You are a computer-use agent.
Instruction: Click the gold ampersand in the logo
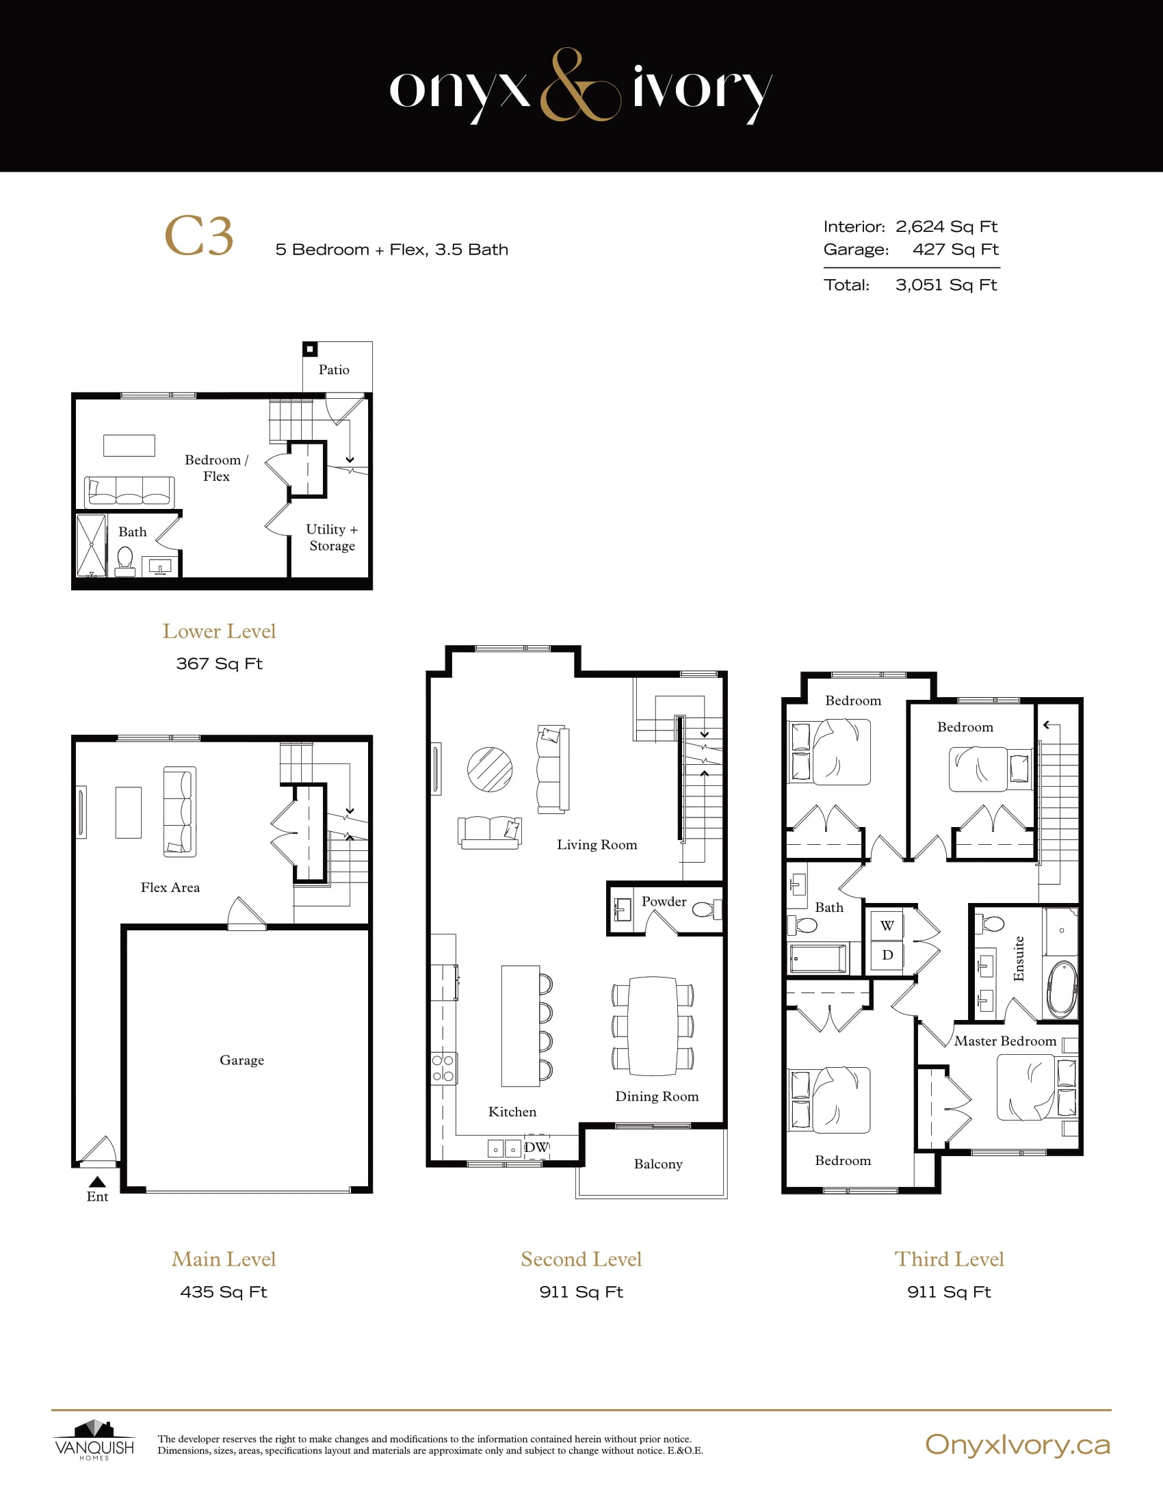579,86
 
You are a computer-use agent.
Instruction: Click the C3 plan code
199,236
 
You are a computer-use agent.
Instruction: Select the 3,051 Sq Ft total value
946,285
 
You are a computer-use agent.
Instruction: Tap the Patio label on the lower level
333,370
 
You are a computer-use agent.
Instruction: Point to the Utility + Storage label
332,538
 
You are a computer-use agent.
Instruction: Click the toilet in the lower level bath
125,558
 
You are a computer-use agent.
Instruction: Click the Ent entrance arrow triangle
97,1181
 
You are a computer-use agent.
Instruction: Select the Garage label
241,1060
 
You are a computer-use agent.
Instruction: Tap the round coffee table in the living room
490,770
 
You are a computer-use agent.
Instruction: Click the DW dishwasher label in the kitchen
536,1147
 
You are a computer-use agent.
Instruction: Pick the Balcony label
658,1164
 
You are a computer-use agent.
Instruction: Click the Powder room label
664,902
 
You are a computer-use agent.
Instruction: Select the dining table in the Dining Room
653,1025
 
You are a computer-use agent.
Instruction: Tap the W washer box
887,926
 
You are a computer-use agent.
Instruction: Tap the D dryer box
887,955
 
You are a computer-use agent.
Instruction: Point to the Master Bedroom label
1004,1041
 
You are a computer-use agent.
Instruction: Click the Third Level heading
949,1259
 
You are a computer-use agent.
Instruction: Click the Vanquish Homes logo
94,1440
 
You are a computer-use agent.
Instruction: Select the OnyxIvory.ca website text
1017,1444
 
